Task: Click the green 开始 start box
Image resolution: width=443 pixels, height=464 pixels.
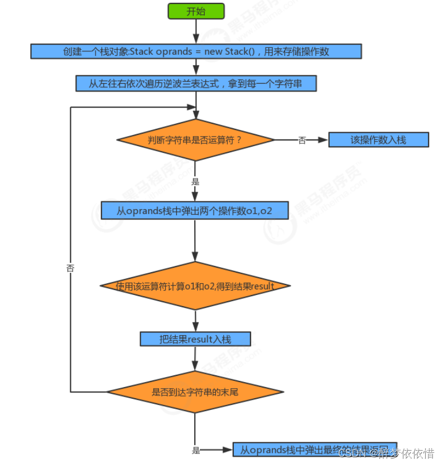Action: pyautogui.click(x=196, y=11)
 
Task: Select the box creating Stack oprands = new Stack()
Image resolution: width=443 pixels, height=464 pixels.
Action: pyautogui.click(x=196, y=51)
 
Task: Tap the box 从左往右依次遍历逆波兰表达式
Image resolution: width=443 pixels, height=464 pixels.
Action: pyautogui.click(x=196, y=83)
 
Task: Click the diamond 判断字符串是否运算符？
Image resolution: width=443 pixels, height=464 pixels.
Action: pyautogui.click(x=195, y=139)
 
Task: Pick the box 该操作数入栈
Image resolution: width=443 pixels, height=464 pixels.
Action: pyautogui.click(x=378, y=139)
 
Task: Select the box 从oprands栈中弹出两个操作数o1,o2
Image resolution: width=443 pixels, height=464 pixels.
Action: pyautogui.click(x=195, y=210)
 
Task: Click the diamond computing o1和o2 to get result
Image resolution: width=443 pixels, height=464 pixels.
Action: pyautogui.click(x=195, y=286)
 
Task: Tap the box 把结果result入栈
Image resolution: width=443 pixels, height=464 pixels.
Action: pyautogui.click(x=195, y=339)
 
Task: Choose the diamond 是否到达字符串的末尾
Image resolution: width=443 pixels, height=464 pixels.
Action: pyautogui.click(x=195, y=391)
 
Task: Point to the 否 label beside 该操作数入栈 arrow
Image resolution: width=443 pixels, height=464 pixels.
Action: pyautogui.click(x=302, y=140)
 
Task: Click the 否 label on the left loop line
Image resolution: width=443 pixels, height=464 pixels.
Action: pyautogui.click(x=70, y=268)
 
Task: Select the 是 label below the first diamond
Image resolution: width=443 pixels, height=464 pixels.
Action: pyautogui.click(x=195, y=181)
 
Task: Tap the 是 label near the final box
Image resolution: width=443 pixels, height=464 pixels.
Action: pyautogui.click(x=196, y=449)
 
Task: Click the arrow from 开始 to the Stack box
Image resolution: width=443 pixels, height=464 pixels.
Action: pyautogui.click(x=196, y=31)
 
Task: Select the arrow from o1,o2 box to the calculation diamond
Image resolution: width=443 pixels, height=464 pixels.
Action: pyautogui.click(x=195, y=240)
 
